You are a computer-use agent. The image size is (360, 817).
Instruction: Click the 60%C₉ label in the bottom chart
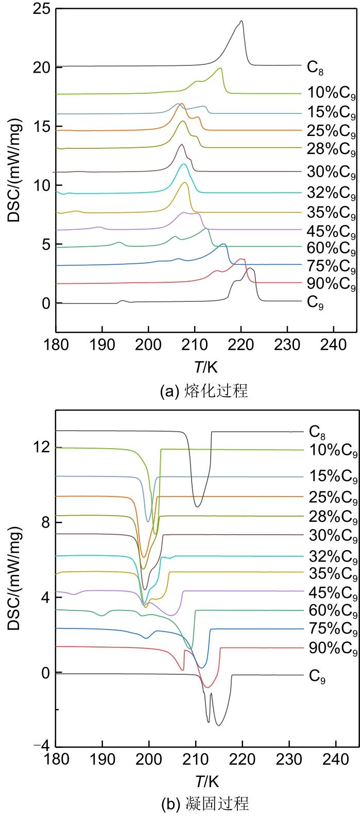[332, 611]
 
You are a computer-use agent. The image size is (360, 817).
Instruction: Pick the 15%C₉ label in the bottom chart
[332, 477]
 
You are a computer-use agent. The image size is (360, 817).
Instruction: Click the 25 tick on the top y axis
[43, 8]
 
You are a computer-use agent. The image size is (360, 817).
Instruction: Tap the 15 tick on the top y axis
[43, 126]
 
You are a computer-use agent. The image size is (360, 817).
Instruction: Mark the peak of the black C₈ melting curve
[241, 21]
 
